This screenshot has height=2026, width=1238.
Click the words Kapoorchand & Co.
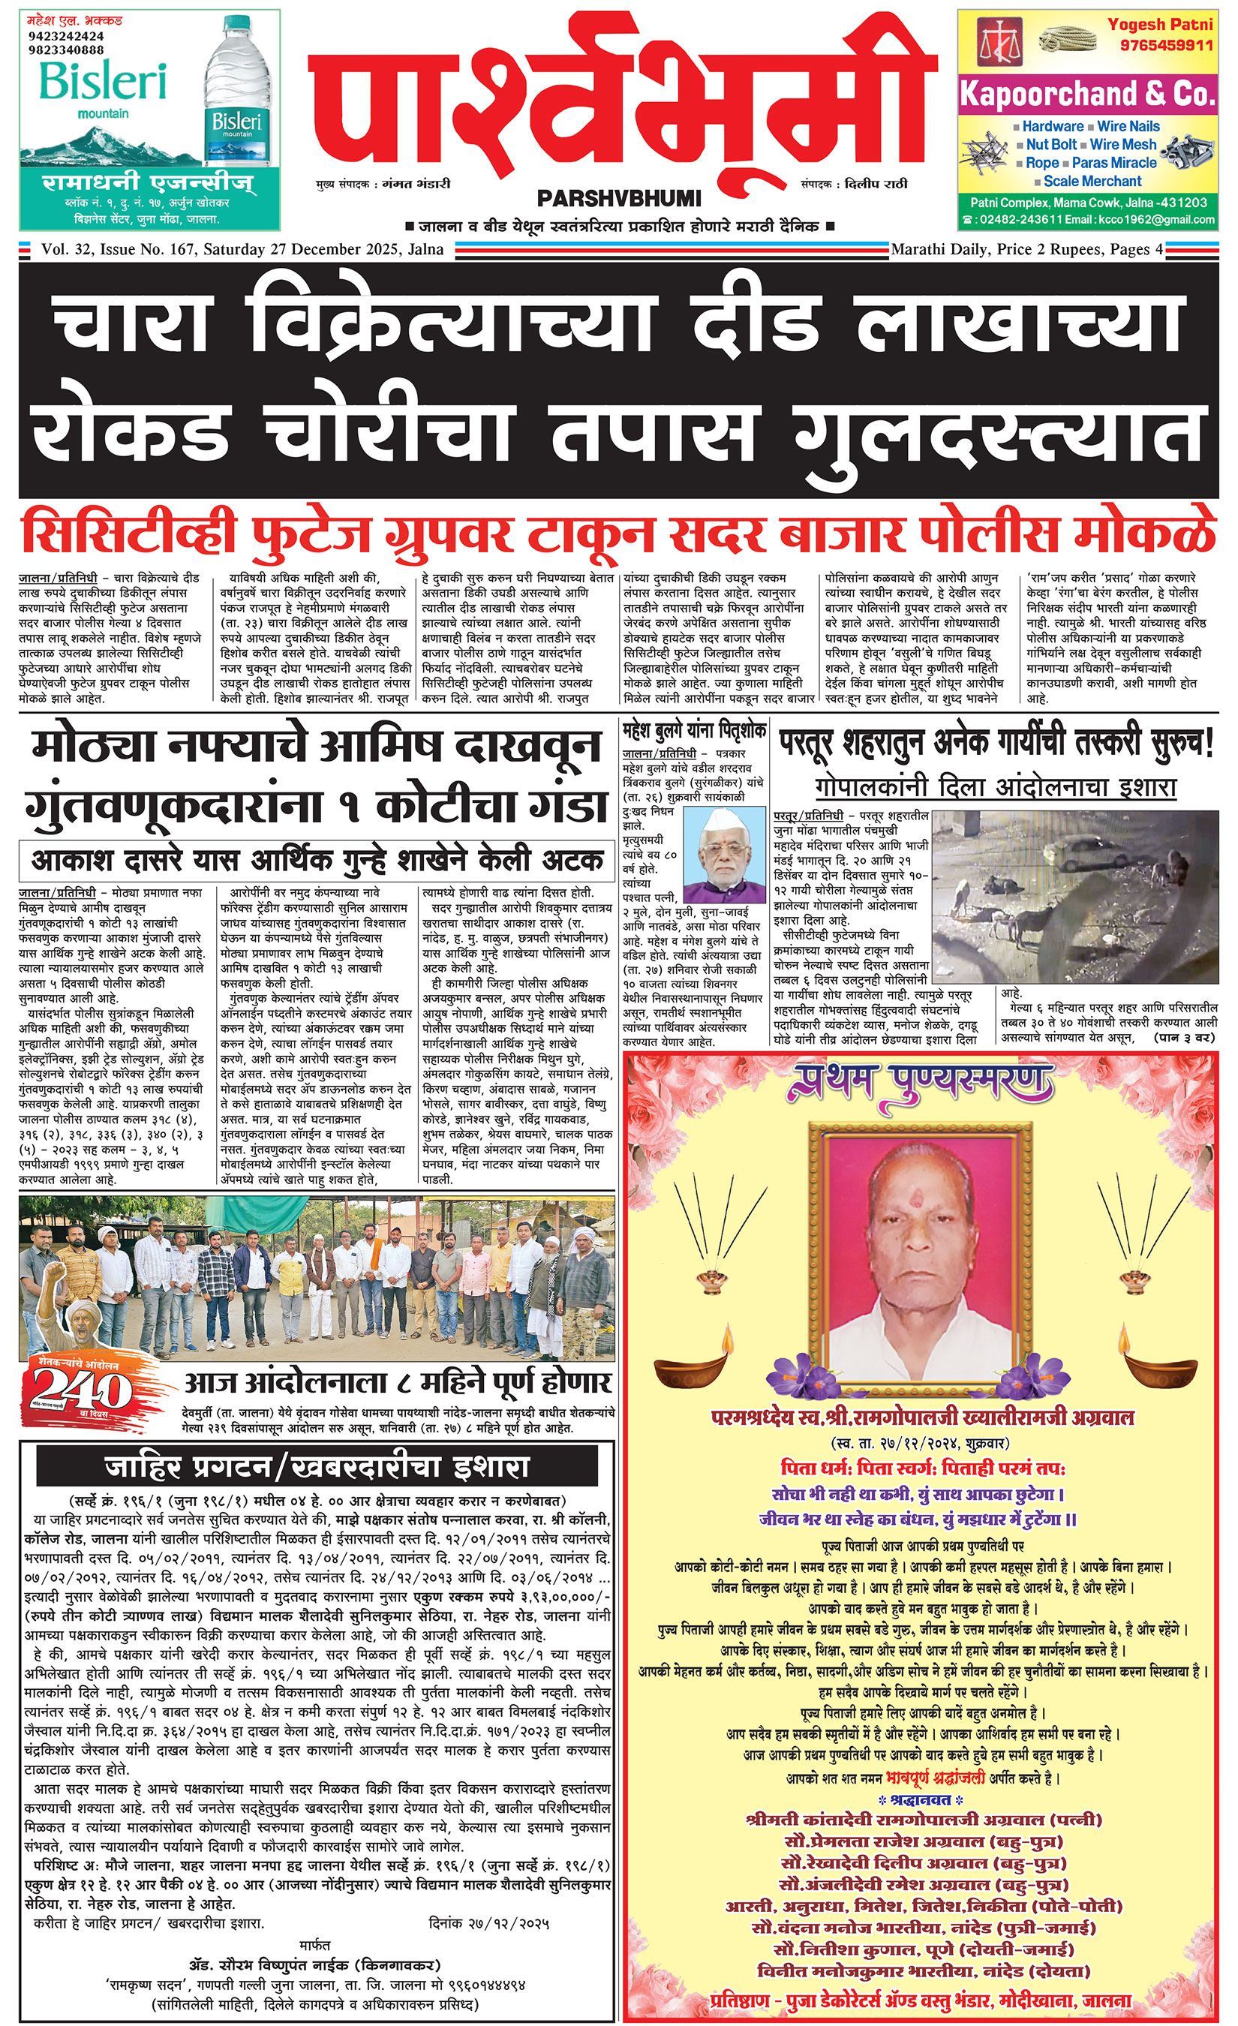point(1086,95)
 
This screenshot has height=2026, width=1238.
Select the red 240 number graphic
point(80,1391)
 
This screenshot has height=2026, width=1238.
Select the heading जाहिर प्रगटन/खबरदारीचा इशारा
point(317,1466)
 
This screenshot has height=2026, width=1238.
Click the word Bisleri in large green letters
point(104,80)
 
